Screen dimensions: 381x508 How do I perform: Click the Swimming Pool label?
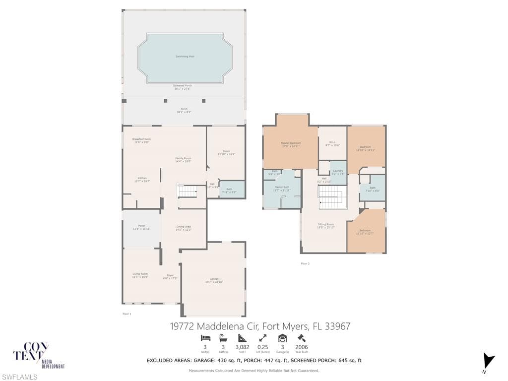point(185,57)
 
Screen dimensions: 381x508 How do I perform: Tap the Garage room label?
point(214,280)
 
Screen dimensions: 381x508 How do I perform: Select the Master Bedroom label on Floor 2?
point(291,144)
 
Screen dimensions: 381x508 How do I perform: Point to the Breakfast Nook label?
point(141,140)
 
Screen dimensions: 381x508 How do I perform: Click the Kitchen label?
point(142,180)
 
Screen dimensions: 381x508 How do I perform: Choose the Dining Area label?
point(184,228)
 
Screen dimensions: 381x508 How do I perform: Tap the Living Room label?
point(140,275)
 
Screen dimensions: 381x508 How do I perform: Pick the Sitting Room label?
point(325,226)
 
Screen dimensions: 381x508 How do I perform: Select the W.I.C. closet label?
point(332,144)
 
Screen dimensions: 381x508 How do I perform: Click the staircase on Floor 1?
point(187,191)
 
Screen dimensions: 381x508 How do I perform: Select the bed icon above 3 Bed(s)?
point(205,338)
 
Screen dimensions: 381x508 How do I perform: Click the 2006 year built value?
point(302,347)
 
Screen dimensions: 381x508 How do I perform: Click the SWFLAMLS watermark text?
point(19,377)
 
